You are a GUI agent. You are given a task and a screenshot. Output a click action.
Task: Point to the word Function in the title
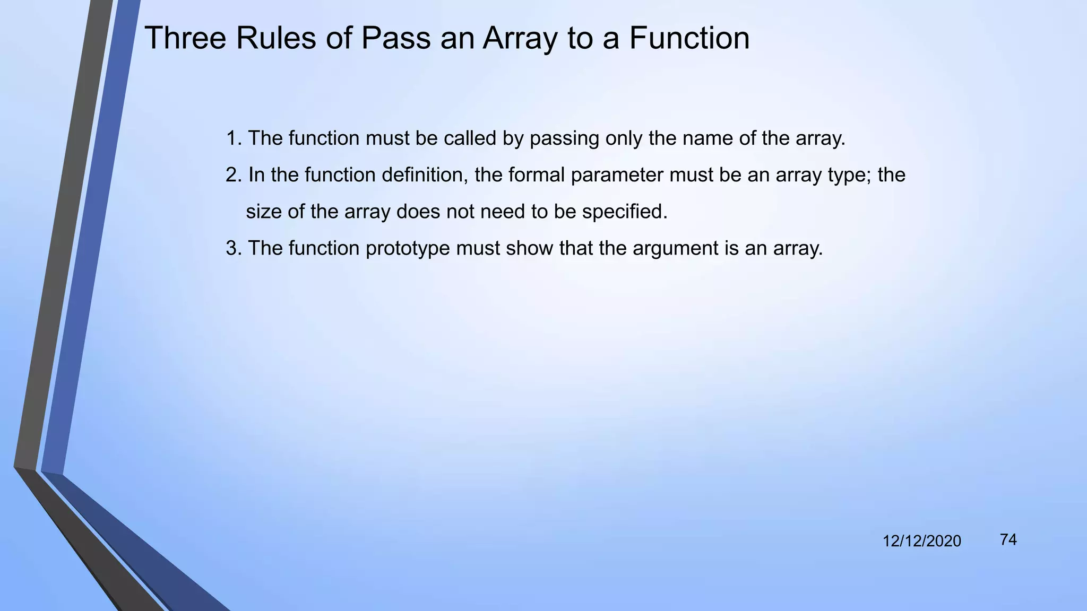tap(689, 38)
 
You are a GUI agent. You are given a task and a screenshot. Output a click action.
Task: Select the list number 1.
tap(232, 138)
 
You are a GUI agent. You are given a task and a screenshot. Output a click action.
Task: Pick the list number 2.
tap(232, 175)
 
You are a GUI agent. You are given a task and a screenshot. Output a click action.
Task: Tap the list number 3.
tap(232, 248)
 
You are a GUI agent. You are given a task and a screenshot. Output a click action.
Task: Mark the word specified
tap(624, 212)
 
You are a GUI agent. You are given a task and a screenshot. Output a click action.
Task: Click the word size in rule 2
tap(264, 212)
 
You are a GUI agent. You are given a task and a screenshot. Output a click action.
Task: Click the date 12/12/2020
tap(921, 541)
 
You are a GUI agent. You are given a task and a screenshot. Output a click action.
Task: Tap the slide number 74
tap(1008, 539)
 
